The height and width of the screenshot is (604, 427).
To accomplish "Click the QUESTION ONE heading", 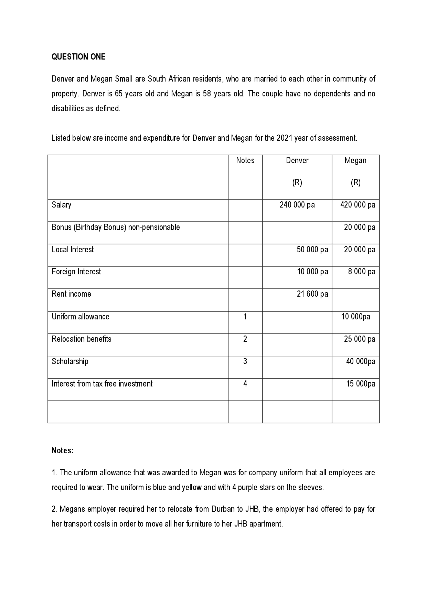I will point(78,57).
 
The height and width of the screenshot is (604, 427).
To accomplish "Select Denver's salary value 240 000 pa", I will point(297,205).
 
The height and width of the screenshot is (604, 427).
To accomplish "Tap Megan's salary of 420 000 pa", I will point(357,205).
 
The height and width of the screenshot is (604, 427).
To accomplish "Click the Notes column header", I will point(245,160).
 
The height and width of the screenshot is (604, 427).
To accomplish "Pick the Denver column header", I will point(297,160).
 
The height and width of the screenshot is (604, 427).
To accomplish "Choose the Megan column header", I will point(355,160).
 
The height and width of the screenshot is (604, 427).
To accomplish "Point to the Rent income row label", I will point(71,294).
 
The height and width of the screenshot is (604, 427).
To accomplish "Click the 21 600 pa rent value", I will point(312,294).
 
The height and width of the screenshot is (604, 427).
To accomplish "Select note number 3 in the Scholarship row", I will point(245,361).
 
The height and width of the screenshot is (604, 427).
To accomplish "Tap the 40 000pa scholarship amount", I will point(360,361).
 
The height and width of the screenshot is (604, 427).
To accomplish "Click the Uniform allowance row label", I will point(80,317).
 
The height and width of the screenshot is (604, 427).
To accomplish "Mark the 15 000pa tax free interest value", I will point(360,384).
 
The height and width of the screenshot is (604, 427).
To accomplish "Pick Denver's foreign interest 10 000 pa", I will point(312,272).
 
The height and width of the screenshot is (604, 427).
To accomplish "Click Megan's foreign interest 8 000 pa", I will point(361,272).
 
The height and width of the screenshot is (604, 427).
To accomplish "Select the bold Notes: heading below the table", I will point(62,450).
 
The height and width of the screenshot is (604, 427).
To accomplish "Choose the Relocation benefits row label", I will point(81,339).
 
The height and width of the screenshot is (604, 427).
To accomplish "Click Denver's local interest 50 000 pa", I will point(312,249).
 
